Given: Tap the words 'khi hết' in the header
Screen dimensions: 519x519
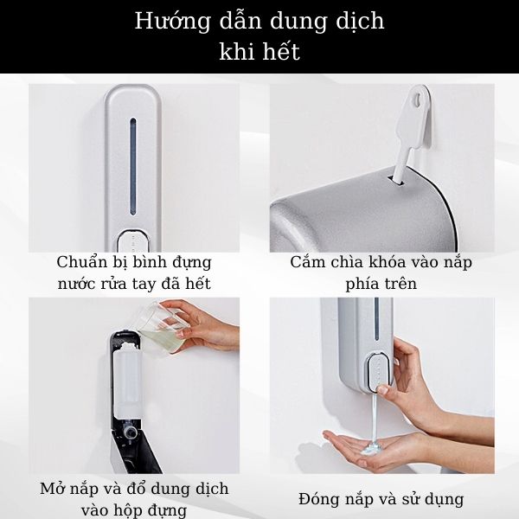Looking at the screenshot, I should pyautogui.click(x=259, y=52).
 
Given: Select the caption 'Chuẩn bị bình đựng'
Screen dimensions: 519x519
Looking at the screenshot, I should pyautogui.click(x=134, y=262).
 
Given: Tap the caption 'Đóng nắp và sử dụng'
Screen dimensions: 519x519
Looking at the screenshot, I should pyautogui.click(x=381, y=499).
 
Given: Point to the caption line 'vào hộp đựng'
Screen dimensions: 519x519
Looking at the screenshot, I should pyautogui.click(x=134, y=510).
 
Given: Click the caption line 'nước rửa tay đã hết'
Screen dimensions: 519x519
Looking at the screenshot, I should pyautogui.click(x=134, y=283).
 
